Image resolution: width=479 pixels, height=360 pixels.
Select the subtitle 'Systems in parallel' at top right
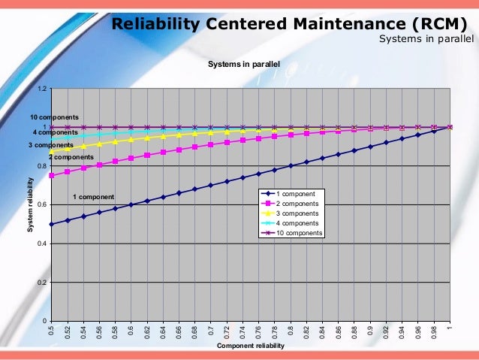[x=426, y=39]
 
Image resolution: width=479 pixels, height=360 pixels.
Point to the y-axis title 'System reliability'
[x=31, y=204]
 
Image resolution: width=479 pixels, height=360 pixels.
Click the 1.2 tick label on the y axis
[x=43, y=89]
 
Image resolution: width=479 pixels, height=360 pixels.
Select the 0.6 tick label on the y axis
[x=43, y=205]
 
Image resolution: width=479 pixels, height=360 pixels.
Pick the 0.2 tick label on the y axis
[x=43, y=283]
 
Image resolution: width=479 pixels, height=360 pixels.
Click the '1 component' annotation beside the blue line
[x=93, y=197]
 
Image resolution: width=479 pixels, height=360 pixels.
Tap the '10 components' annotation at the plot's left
[x=54, y=118]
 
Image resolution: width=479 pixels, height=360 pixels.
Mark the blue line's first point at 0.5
[x=51, y=224]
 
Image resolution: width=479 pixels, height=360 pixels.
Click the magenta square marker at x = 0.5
[x=51, y=176]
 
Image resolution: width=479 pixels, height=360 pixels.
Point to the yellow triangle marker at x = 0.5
[x=51, y=151]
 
